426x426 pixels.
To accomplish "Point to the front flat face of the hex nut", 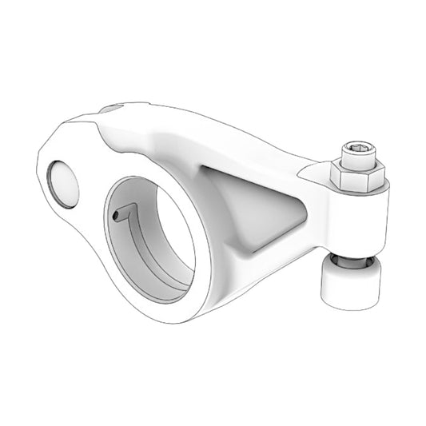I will (352, 180).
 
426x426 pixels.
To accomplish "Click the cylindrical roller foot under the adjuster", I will (352, 285).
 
